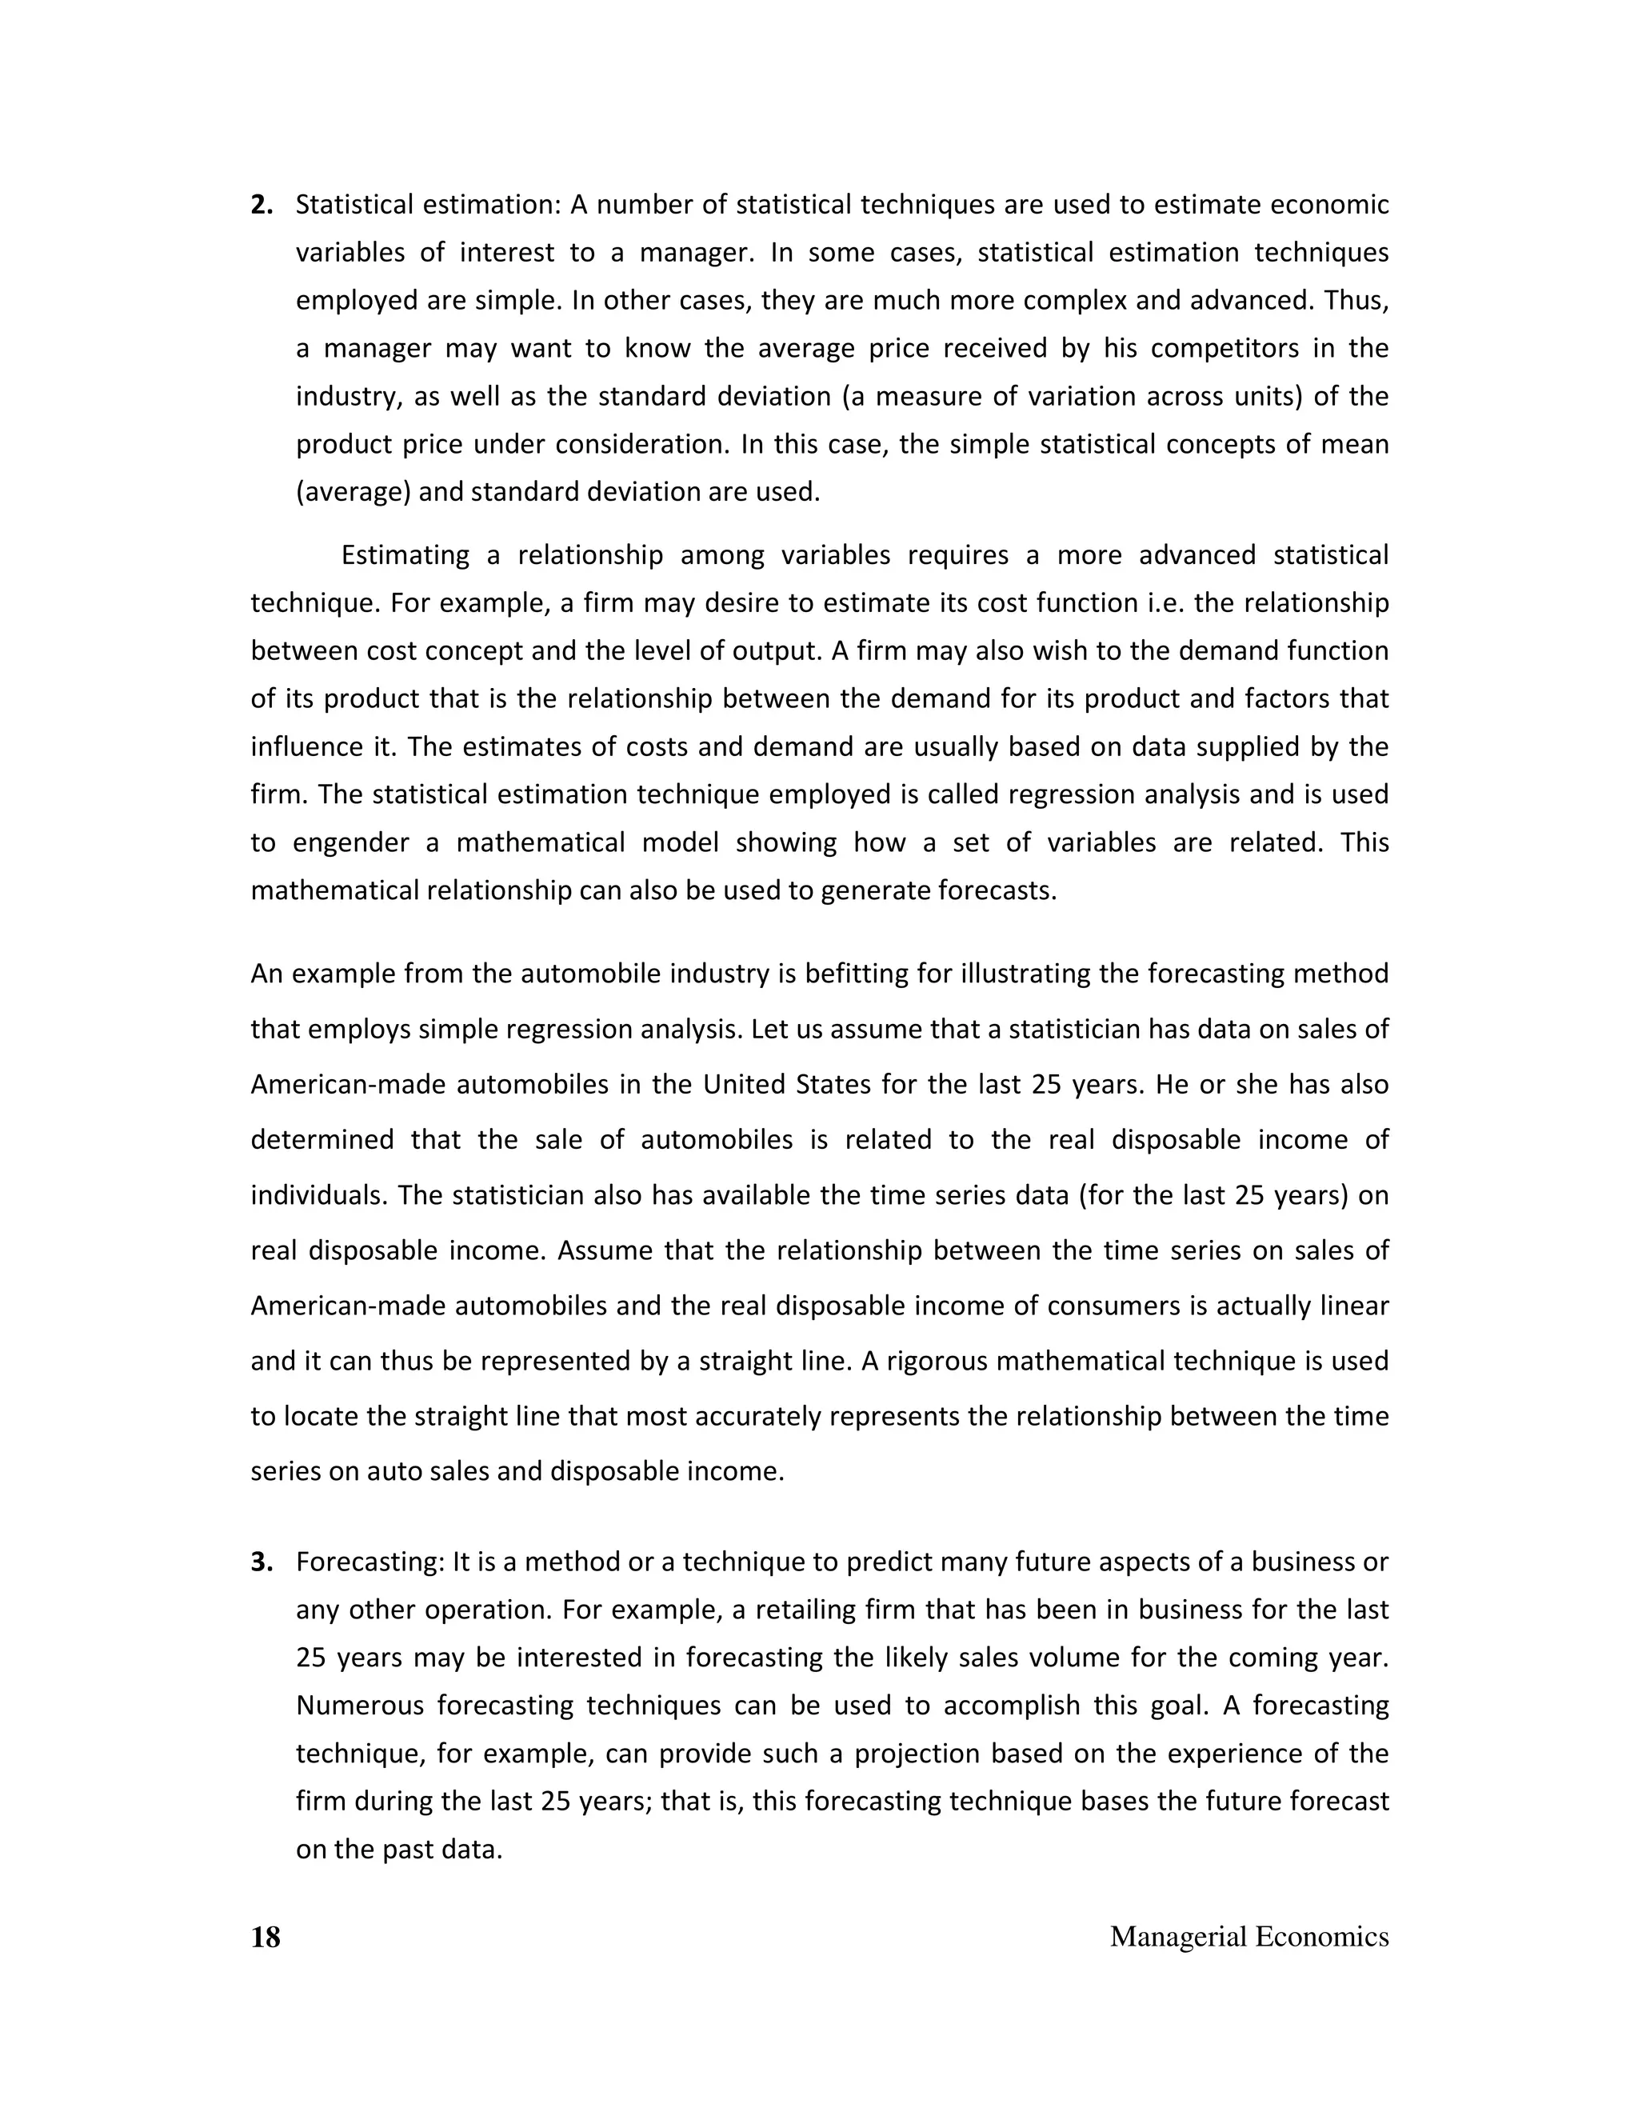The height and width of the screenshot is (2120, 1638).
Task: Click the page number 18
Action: click(x=265, y=1937)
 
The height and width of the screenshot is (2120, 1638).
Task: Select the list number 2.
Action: click(x=261, y=205)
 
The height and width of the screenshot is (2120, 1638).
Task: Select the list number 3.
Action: click(x=261, y=1562)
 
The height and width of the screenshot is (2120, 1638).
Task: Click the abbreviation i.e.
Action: click(x=1168, y=603)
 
